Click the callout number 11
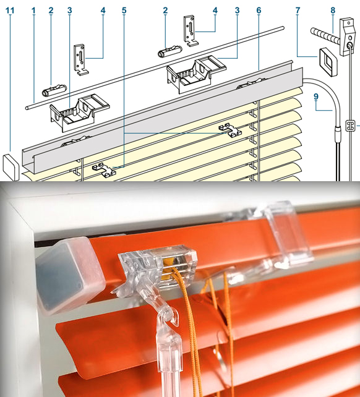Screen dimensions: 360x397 tap(10, 11)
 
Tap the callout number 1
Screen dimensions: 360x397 tap(33, 11)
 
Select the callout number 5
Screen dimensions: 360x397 tap(124, 11)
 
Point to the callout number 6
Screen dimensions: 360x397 tap(259, 11)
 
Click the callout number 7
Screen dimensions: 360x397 tap(298, 11)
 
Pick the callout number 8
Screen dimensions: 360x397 tap(333, 11)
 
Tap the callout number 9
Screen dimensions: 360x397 tap(316, 96)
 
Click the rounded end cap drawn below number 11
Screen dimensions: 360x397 tap(11, 167)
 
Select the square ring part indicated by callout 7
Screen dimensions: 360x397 tap(328, 62)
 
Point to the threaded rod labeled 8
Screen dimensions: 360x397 tap(325, 36)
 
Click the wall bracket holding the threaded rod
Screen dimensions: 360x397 tap(347, 36)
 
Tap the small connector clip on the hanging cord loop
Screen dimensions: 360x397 tap(350, 126)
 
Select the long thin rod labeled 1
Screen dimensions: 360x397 tap(155, 68)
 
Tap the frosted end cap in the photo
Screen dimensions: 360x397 tap(70, 275)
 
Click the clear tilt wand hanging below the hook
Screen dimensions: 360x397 tap(170, 365)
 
